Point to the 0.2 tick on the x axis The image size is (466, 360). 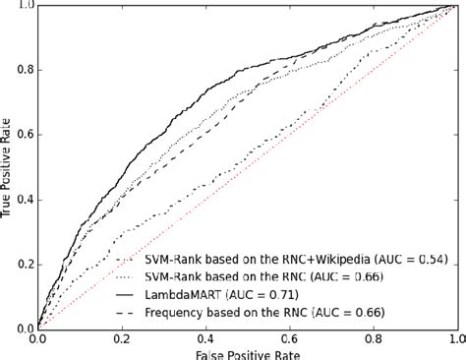pyautogui.click(x=121, y=337)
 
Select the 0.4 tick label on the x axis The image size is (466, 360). pyautogui.click(x=204, y=337)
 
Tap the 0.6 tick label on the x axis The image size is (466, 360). pyautogui.click(x=288, y=337)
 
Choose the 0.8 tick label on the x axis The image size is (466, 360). pyautogui.click(x=372, y=337)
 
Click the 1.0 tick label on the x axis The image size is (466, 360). pyautogui.click(x=453, y=337)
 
